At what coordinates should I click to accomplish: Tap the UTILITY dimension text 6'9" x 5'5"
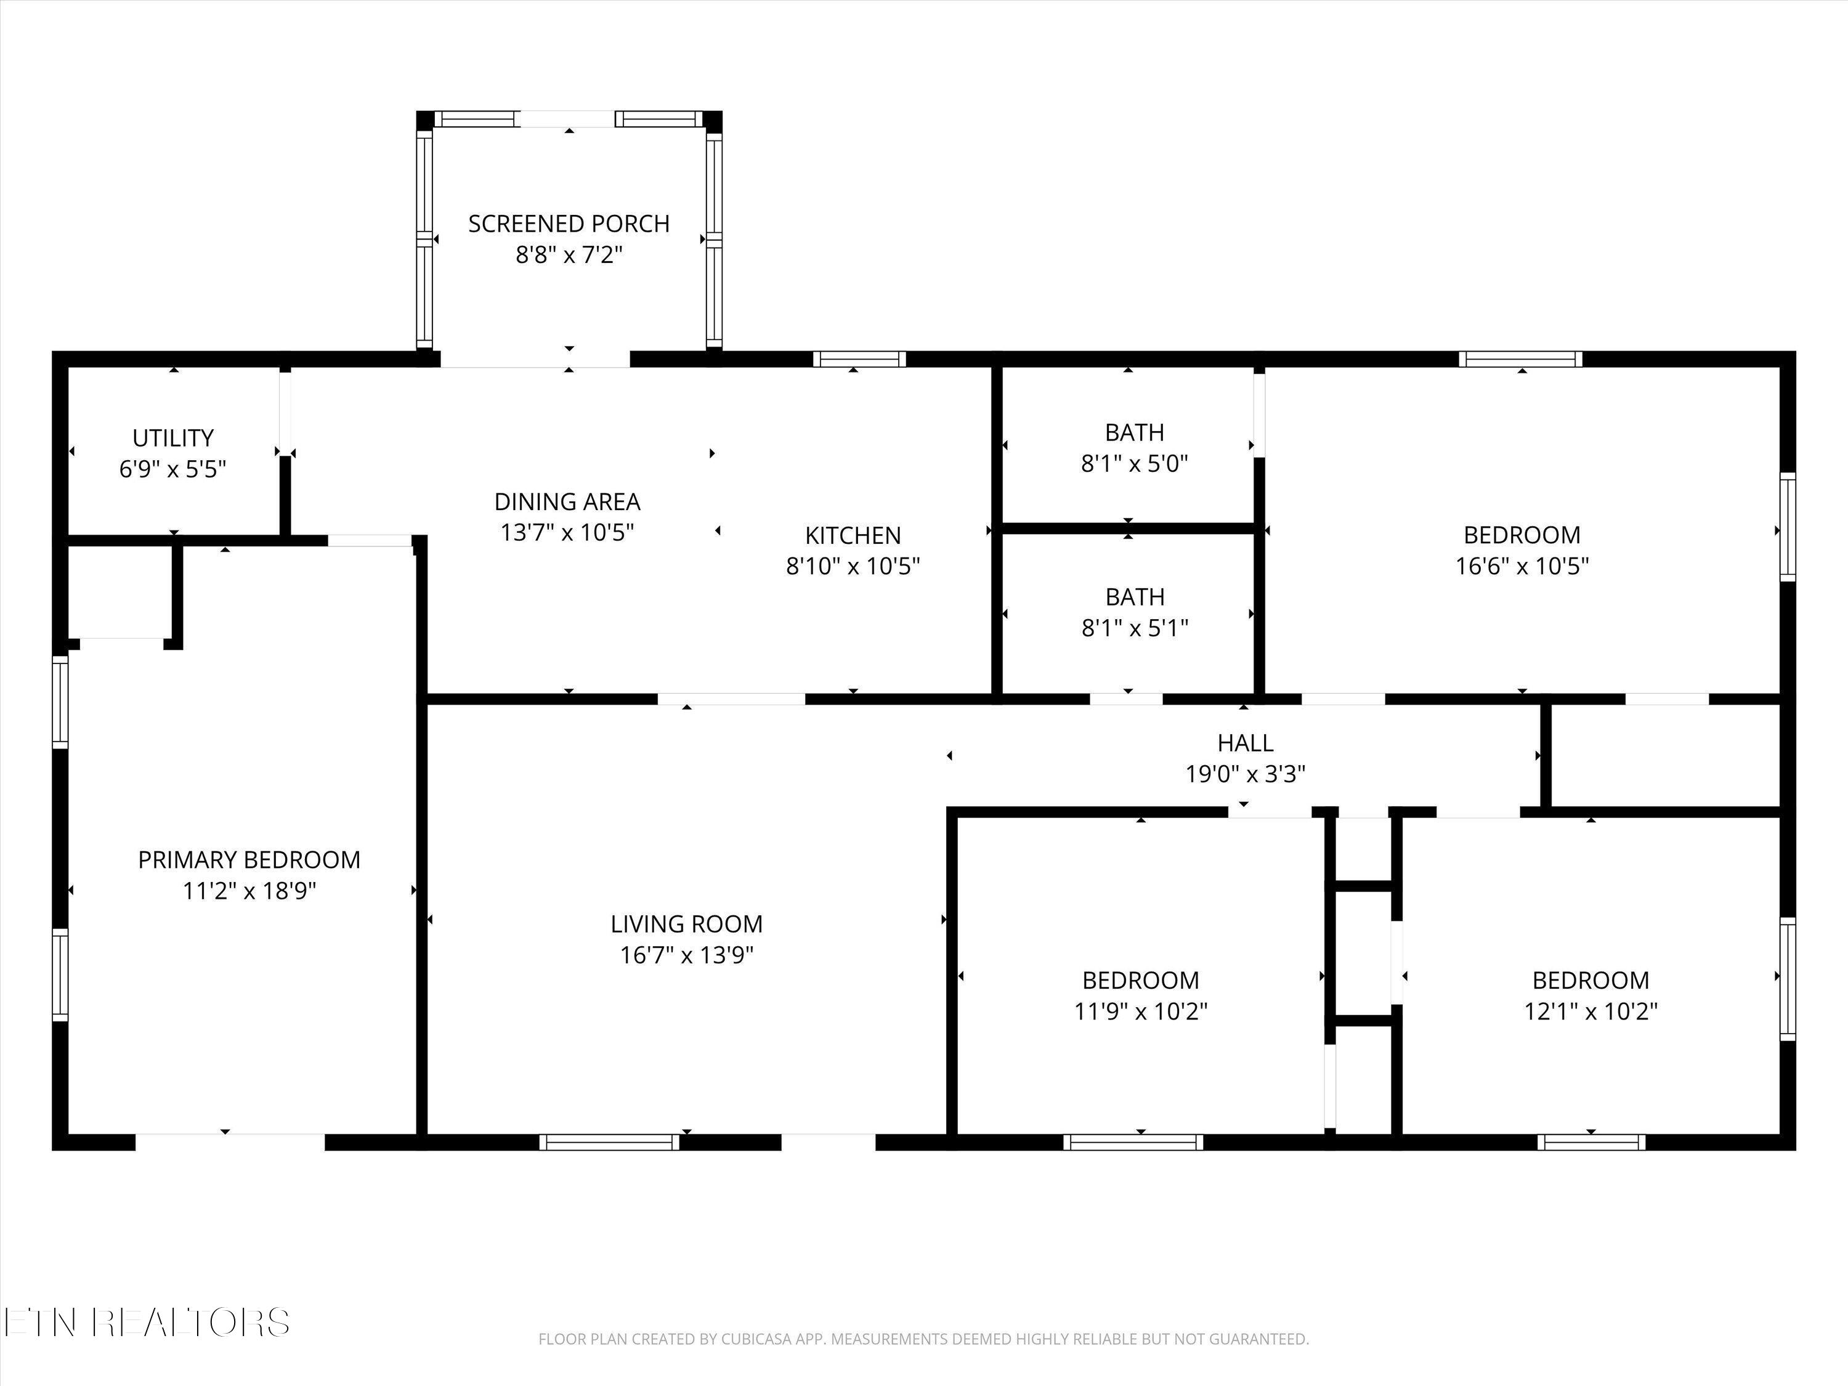(173, 469)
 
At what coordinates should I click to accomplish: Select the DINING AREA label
(567, 502)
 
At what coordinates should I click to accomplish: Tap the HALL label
(1245, 743)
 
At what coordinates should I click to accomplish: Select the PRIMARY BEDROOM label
(249, 860)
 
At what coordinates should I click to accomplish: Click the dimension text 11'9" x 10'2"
(1140, 1011)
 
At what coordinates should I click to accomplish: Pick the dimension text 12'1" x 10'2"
(1590, 1011)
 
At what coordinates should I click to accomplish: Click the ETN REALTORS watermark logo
(146, 1322)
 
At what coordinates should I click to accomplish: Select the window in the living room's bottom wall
(609, 1142)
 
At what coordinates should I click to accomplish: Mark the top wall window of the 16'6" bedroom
(1520, 359)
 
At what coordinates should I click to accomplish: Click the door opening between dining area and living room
(731, 699)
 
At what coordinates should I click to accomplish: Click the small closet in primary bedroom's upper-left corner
(120, 591)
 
